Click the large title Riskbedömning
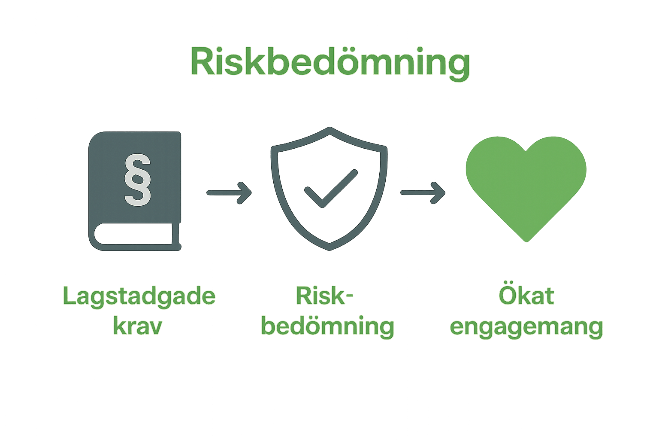pos(330,63)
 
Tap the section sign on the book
pos(137,179)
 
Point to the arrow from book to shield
pos(229,192)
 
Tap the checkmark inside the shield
pos(330,189)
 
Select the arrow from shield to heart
pos(423,192)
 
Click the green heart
pos(526,185)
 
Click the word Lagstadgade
pos(139,296)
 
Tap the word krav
pos(137,327)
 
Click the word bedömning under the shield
pos(328,327)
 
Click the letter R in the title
pos(203,63)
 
